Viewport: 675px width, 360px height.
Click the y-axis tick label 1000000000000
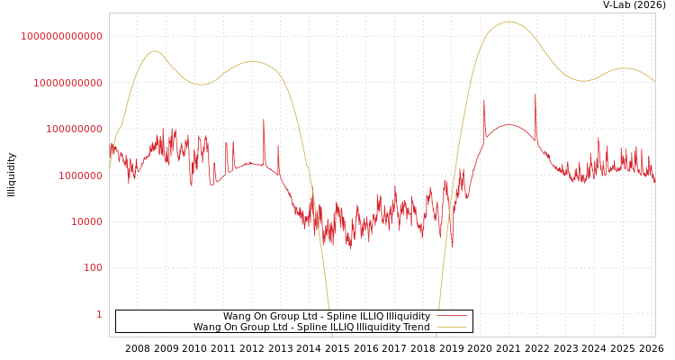click(62, 36)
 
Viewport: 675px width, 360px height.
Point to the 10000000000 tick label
click(67, 83)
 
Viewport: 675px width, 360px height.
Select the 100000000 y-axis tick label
click(73, 130)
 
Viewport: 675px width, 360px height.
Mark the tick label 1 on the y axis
click(99, 314)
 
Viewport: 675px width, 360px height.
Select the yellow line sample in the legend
click(451, 328)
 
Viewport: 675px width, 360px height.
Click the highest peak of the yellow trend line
click(509, 22)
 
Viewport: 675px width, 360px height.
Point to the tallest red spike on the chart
click(535, 94)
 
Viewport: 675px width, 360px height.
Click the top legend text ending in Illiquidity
click(327, 317)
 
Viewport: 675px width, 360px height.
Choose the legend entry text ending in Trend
click(311, 328)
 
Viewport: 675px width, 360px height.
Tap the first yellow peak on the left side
click(154, 51)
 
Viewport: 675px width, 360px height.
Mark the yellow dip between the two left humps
click(202, 85)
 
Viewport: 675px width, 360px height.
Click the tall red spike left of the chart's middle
click(264, 120)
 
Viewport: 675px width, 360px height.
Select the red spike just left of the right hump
click(484, 100)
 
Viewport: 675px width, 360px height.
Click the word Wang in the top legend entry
click(237, 317)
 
